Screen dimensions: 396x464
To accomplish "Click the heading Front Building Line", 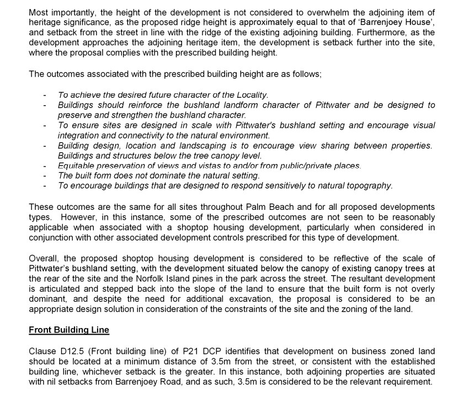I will tap(69, 330).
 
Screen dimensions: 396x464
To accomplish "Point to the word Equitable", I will tap(77, 166).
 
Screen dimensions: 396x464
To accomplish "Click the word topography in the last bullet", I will tap(371, 186).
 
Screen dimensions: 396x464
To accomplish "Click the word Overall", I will tap(43, 258).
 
